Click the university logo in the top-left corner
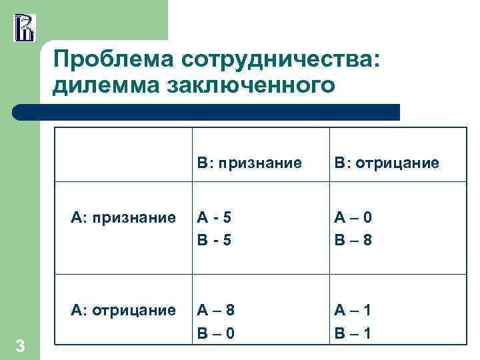[x=23, y=27]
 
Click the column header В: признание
[x=249, y=163]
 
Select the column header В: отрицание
[x=387, y=163]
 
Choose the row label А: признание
[x=124, y=217]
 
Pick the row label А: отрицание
[x=124, y=310]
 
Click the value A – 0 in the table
[x=353, y=217]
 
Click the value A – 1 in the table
[x=353, y=310]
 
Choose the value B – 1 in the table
[x=353, y=332]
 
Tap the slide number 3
[x=20, y=345]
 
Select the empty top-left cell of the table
[x=124, y=153]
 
